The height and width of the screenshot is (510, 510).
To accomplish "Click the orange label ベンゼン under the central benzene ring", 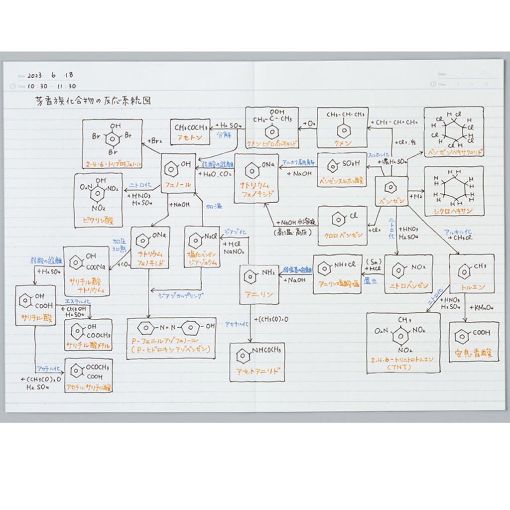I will click(x=391, y=201).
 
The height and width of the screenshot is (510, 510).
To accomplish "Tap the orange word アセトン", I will click(x=189, y=137).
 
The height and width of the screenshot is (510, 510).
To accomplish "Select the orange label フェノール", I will click(x=177, y=185).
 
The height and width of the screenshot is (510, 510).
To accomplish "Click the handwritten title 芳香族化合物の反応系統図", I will click(x=91, y=101).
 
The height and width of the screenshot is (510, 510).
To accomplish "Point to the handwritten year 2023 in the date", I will click(x=35, y=76).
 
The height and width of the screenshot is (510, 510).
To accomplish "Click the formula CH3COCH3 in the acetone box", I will click(x=190, y=127).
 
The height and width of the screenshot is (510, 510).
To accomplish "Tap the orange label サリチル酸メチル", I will click(x=89, y=346).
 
